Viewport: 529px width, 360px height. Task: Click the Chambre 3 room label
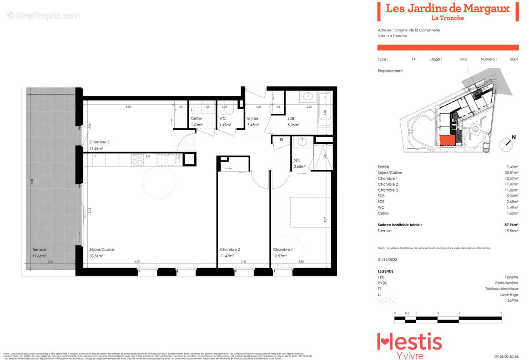(x=99, y=142)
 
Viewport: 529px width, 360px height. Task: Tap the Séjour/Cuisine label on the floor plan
(x=101, y=249)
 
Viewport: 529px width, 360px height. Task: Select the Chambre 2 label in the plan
(x=230, y=249)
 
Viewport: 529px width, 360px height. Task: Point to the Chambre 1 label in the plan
(x=283, y=249)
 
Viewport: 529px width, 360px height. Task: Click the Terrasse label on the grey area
(x=39, y=249)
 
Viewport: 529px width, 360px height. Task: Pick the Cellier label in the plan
(x=196, y=118)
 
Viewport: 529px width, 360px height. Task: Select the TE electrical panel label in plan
(x=281, y=140)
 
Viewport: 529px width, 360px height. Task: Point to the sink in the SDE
(x=301, y=142)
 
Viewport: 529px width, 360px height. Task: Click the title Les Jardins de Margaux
(x=448, y=8)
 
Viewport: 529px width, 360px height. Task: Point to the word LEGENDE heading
(x=386, y=271)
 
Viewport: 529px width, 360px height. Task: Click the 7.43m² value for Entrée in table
(x=512, y=167)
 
